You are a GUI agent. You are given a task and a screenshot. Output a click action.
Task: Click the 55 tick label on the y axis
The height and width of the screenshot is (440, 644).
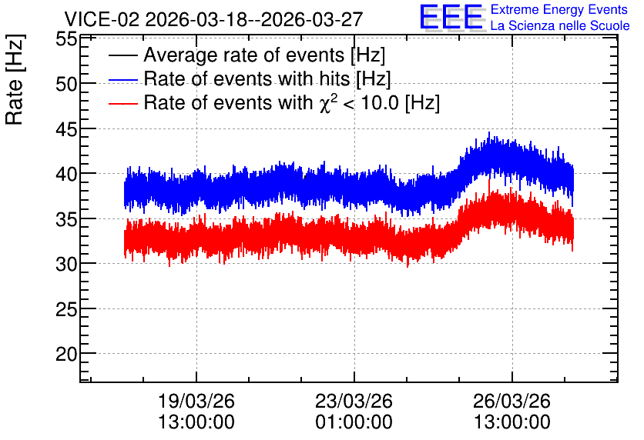tap(66, 39)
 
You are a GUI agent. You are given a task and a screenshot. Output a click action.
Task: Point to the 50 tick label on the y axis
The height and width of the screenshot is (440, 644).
tap(66, 84)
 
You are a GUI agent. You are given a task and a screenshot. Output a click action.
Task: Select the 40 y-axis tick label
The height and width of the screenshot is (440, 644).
tap(66, 175)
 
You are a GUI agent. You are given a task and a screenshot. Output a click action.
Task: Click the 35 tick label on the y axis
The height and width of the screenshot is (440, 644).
tap(66, 220)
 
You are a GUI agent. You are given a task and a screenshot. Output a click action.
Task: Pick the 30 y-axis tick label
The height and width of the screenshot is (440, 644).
tap(66, 265)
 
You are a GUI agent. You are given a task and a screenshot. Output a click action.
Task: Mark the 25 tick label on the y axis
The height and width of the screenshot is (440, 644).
tap(66, 309)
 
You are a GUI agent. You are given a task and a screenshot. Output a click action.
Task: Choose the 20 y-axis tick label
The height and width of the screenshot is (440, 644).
tap(66, 355)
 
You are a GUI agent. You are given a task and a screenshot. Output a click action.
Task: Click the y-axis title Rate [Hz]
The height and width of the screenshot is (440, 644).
tap(15, 79)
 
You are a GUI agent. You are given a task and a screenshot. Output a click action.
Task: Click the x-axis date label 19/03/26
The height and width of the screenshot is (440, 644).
tap(196, 401)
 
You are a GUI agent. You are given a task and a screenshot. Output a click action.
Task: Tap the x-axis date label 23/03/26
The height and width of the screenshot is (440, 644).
tap(354, 401)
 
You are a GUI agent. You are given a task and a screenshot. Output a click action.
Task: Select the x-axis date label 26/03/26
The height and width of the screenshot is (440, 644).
tap(512, 401)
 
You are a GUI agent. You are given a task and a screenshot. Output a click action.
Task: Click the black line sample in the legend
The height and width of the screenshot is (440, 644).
tap(123, 55)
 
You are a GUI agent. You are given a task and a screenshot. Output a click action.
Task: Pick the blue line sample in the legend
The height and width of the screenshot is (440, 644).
tap(123, 80)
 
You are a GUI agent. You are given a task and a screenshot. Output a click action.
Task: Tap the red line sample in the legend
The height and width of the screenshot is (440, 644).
tap(123, 104)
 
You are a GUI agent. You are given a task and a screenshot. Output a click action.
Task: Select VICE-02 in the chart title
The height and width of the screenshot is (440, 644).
tap(102, 19)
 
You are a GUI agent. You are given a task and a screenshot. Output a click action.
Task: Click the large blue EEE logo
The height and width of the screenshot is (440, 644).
tap(451, 17)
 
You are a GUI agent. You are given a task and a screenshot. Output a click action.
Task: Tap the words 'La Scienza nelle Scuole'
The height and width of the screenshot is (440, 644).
tap(560, 26)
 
